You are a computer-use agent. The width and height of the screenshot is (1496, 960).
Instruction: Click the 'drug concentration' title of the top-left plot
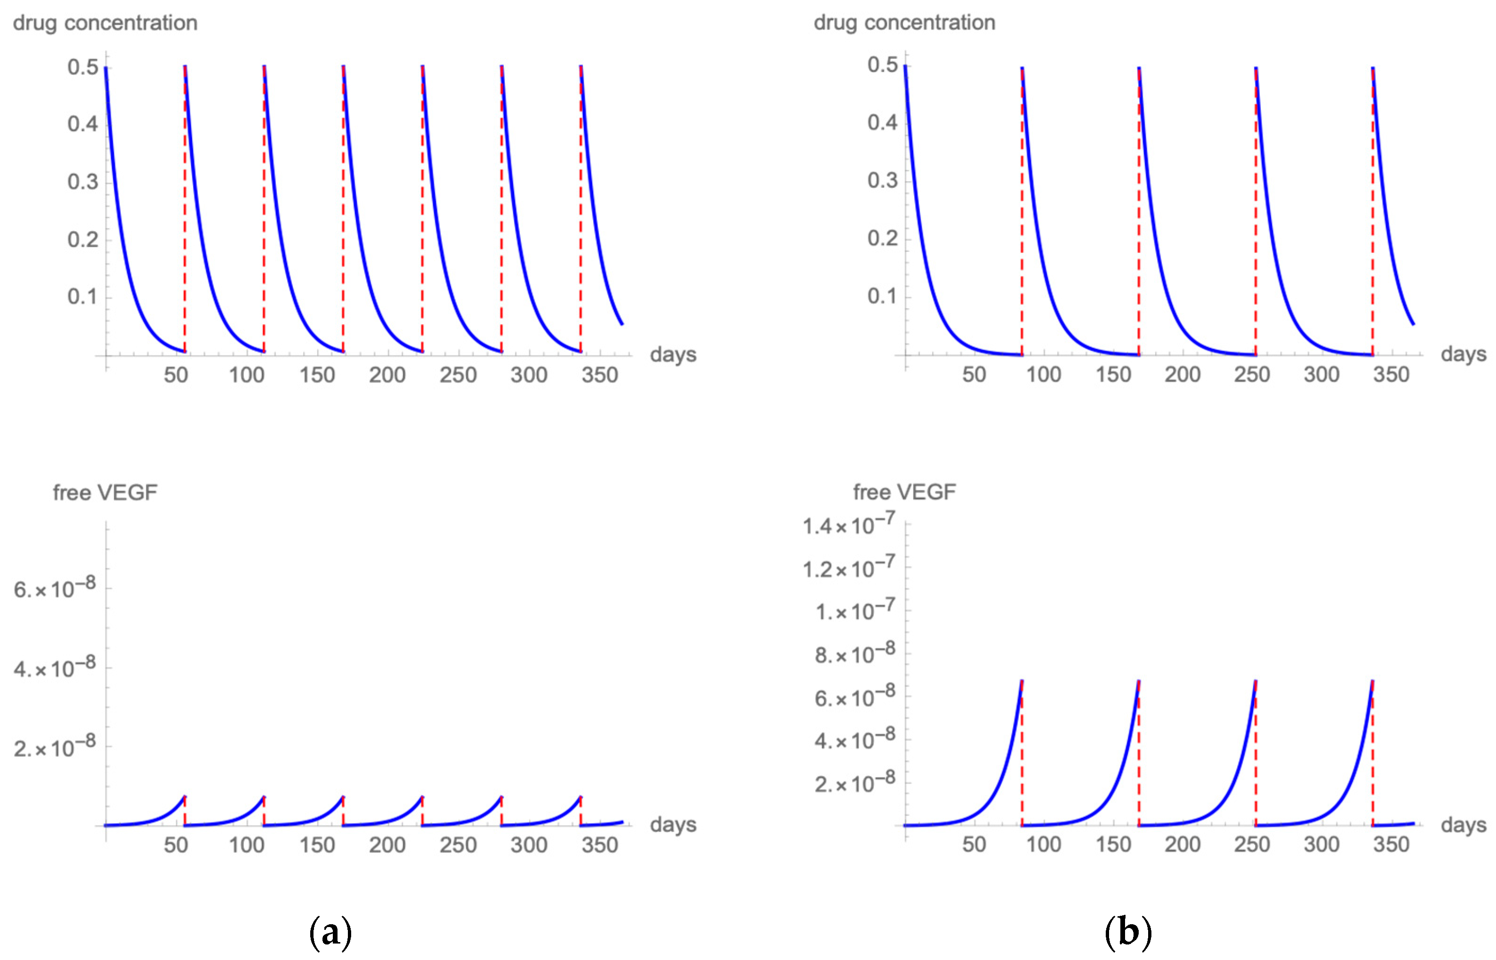pyautogui.click(x=105, y=23)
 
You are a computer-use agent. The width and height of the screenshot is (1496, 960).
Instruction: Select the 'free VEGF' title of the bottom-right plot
pyautogui.click(x=904, y=492)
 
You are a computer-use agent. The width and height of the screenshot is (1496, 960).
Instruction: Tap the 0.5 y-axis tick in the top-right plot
pyautogui.click(x=882, y=65)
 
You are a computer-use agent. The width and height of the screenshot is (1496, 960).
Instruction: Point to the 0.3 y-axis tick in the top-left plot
pyautogui.click(x=83, y=182)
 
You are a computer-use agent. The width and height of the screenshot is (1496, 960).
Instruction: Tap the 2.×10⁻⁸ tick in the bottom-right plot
pyautogui.click(x=855, y=783)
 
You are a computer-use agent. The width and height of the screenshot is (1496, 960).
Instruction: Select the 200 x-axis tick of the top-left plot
pyautogui.click(x=387, y=375)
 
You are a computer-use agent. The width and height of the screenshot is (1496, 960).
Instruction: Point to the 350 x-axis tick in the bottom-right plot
pyautogui.click(x=1391, y=845)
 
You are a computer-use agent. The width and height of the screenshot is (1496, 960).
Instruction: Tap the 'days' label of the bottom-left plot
pyautogui.click(x=673, y=825)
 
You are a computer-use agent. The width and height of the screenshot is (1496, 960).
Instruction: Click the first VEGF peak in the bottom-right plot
pyautogui.click(x=1021, y=681)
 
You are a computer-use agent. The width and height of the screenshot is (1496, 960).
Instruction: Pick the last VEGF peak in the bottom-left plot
pyautogui.click(x=580, y=797)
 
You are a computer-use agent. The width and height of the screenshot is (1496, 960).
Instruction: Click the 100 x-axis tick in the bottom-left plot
pyautogui.click(x=246, y=845)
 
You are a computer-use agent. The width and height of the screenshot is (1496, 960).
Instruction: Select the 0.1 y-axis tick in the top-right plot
pyautogui.click(x=882, y=296)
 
